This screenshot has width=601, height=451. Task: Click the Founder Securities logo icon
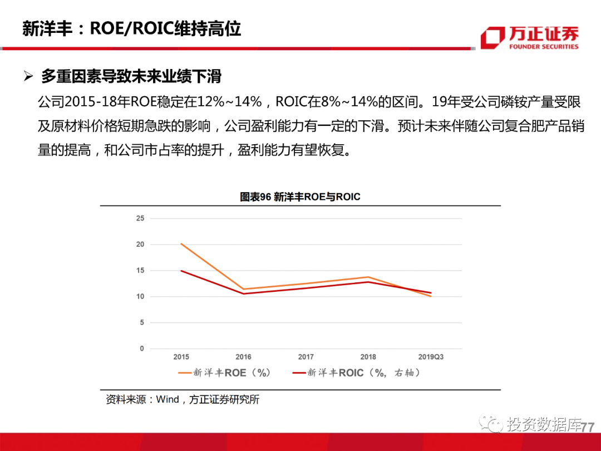click(x=492, y=38)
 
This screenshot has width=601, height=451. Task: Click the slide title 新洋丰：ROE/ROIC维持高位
click(x=131, y=28)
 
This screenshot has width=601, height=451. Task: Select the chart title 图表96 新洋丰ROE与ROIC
click(x=300, y=197)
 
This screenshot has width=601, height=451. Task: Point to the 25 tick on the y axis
click(x=140, y=218)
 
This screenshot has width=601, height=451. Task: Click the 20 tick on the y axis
click(x=140, y=244)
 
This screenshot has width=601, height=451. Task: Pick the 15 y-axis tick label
click(x=140, y=271)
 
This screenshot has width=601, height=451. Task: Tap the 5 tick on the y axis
click(x=142, y=322)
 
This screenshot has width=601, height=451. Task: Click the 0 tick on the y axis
click(x=142, y=349)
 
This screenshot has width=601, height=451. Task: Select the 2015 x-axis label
click(x=181, y=357)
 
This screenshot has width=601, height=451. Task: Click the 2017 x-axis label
click(x=306, y=357)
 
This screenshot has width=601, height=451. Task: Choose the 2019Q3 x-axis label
click(x=431, y=357)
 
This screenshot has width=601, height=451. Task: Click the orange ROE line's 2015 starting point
click(x=181, y=244)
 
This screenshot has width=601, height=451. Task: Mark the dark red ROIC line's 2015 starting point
click(x=181, y=271)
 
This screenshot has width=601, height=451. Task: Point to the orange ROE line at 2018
click(x=368, y=277)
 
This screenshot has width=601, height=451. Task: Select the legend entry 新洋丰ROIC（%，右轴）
click(x=356, y=373)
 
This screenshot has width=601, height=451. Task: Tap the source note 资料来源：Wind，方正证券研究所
click(x=183, y=399)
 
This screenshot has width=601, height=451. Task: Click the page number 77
click(x=588, y=427)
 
